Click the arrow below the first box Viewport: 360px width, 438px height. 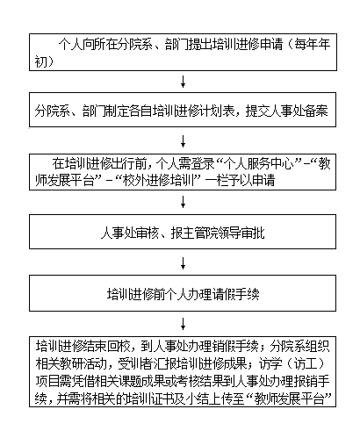pyautogui.click(x=184, y=82)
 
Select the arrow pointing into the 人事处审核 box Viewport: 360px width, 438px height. pyautogui.click(x=184, y=202)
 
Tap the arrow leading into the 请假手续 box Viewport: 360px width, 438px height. pyautogui.click(x=184, y=263)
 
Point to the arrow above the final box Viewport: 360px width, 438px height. pyautogui.click(x=184, y=324)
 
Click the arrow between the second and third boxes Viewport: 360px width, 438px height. pyautogui.click(x=184, y=141)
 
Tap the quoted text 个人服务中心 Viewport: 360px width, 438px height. pyautogui.click(x=258, y=164)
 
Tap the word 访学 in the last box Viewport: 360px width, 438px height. pyautogui.click(x=270, y=363)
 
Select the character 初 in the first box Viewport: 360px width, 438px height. pyautogui.click(x=40, y=61)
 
